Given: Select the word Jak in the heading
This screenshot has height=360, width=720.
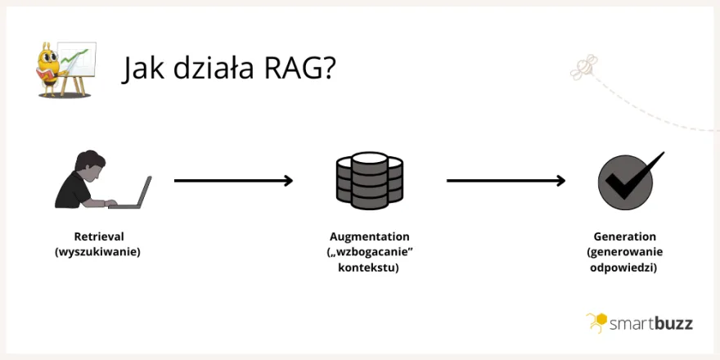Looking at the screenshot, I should pos(144,69).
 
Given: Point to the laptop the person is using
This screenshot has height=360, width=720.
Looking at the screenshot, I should pos(136,194).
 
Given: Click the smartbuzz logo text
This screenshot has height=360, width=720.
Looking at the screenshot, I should pos(651,323).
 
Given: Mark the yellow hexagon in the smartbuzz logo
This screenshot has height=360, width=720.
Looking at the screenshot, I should pos(598,320).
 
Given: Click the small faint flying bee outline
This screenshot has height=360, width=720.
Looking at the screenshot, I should pos(583,69).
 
